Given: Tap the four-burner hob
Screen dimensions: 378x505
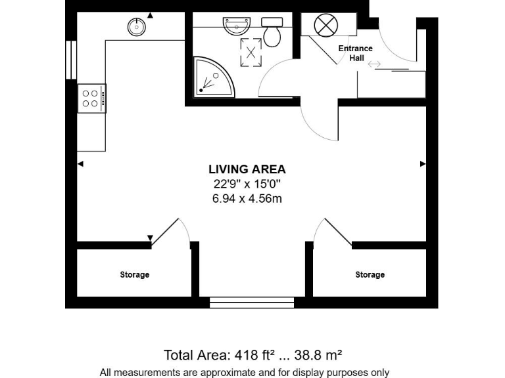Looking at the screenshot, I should tap(91, 98).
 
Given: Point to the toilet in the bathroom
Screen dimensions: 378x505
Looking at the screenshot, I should tap(272, 32).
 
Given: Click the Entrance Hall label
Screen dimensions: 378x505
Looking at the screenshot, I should tap(355, 53).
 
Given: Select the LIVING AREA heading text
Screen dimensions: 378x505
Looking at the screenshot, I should tap(247, 169).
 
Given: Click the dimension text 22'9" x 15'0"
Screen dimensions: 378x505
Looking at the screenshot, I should tap(247, 184).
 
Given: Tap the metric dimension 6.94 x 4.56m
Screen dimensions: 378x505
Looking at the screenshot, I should tap(247, 199).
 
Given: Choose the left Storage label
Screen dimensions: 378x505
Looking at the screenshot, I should tap(134, 275).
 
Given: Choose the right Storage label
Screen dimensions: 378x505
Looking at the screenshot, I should tap(370, 275).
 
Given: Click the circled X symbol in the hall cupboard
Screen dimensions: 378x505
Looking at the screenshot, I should tap(324, 26).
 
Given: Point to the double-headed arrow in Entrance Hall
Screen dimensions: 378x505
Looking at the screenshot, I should tap(374, 64).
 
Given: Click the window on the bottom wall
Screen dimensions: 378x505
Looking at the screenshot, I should tap(252, 303).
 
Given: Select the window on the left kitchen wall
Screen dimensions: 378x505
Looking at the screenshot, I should tap(70, 60).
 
